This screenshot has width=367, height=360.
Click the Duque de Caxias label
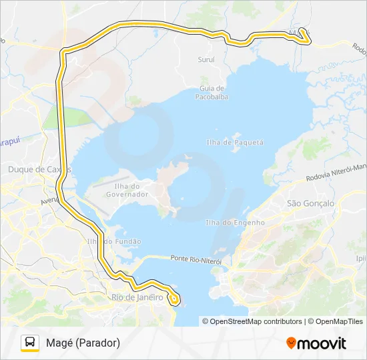(x=39, y=169)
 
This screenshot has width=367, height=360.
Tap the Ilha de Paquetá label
(x=235, y=143)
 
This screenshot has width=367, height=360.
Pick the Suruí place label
(x=206, y=59)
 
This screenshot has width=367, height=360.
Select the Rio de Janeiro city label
(x=137, y=297)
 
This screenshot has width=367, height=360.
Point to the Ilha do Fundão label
(x=114, y=241)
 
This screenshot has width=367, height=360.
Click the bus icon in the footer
(x=30, y=343)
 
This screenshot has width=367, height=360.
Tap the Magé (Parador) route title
(x=83, y=343)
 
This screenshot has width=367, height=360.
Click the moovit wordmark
(x=322, y=343)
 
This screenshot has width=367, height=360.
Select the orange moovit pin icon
(x=291, y=343)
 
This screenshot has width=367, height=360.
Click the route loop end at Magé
(x=304, y=35)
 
